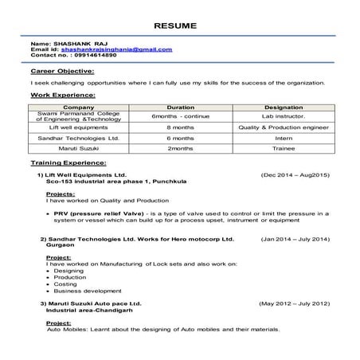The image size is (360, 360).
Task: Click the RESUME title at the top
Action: [179, 25]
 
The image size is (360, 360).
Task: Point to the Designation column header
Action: [283, 106]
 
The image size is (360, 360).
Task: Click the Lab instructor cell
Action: [283, 116]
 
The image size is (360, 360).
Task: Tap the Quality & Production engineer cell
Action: [283, 127]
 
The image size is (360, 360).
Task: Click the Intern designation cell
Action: [283, 138]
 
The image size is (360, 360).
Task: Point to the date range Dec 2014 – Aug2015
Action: [295, 174]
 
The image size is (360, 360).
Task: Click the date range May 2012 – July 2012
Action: [295, 303]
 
